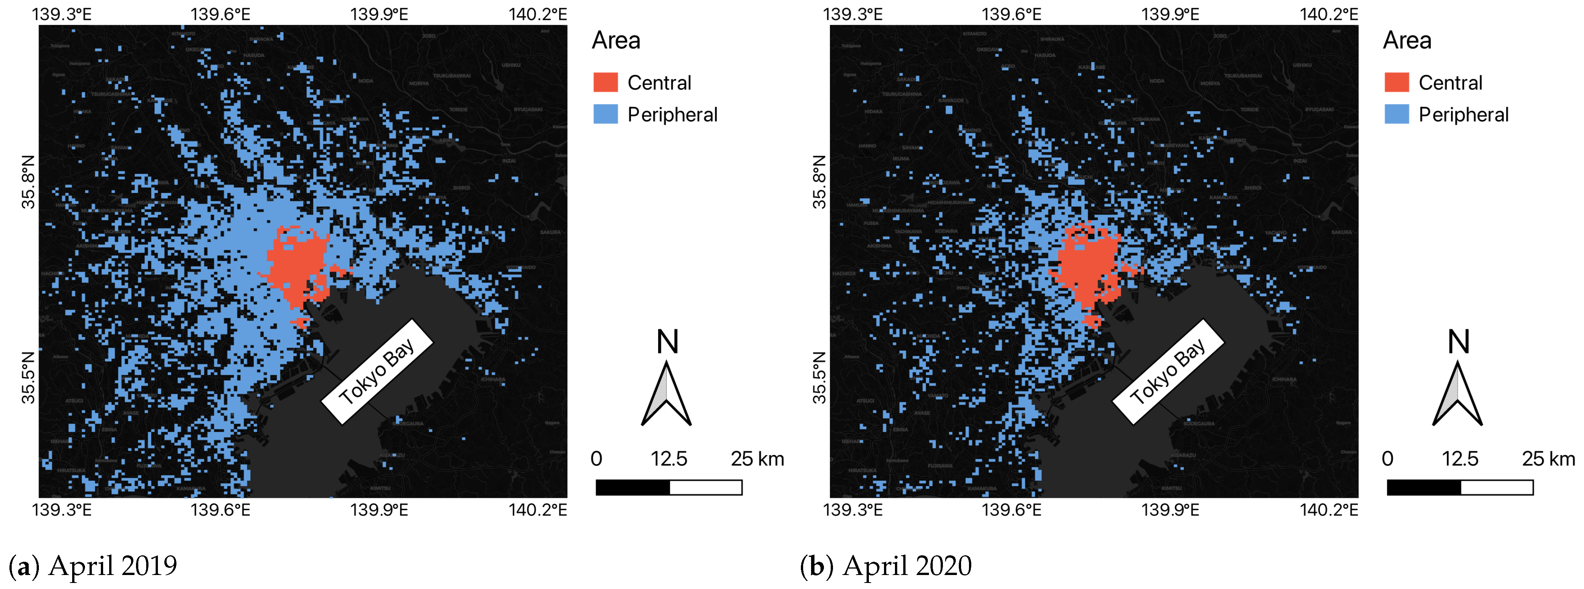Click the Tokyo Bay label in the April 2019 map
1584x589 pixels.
coord(377,372)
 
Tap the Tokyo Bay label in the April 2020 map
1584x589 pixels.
coord(1168,372)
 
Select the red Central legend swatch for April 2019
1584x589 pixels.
coord(605,82)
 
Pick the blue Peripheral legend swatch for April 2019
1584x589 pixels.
coord(605,115)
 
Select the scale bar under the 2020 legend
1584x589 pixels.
coord(1460,488)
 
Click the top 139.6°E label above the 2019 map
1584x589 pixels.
coord(220,14)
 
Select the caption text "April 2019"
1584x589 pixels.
coord(113,566)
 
